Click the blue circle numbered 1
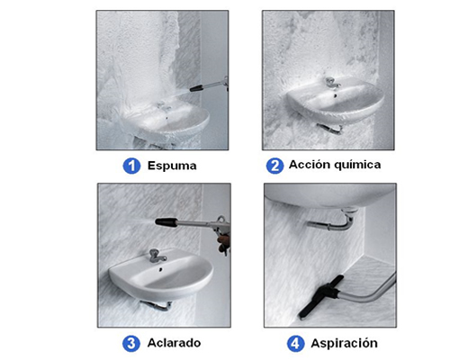point(131,166)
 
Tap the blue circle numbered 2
point(274,166)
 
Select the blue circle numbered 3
point(131,344)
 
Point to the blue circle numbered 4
point(295,344)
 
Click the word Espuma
point(172,166)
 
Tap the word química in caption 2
point(357,165)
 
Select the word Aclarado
point(174,343)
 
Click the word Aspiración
point(344,344)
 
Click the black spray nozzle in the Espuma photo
point(196,88)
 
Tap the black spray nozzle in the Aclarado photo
point(166,222)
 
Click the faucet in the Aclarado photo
point(157,256)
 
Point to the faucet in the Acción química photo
point(332,83)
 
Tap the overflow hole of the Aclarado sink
point(161,270)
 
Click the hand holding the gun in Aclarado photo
point(224,242)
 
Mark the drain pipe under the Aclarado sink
point(156,305)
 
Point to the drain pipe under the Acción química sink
point(329,129)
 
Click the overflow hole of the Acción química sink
point(335,96)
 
